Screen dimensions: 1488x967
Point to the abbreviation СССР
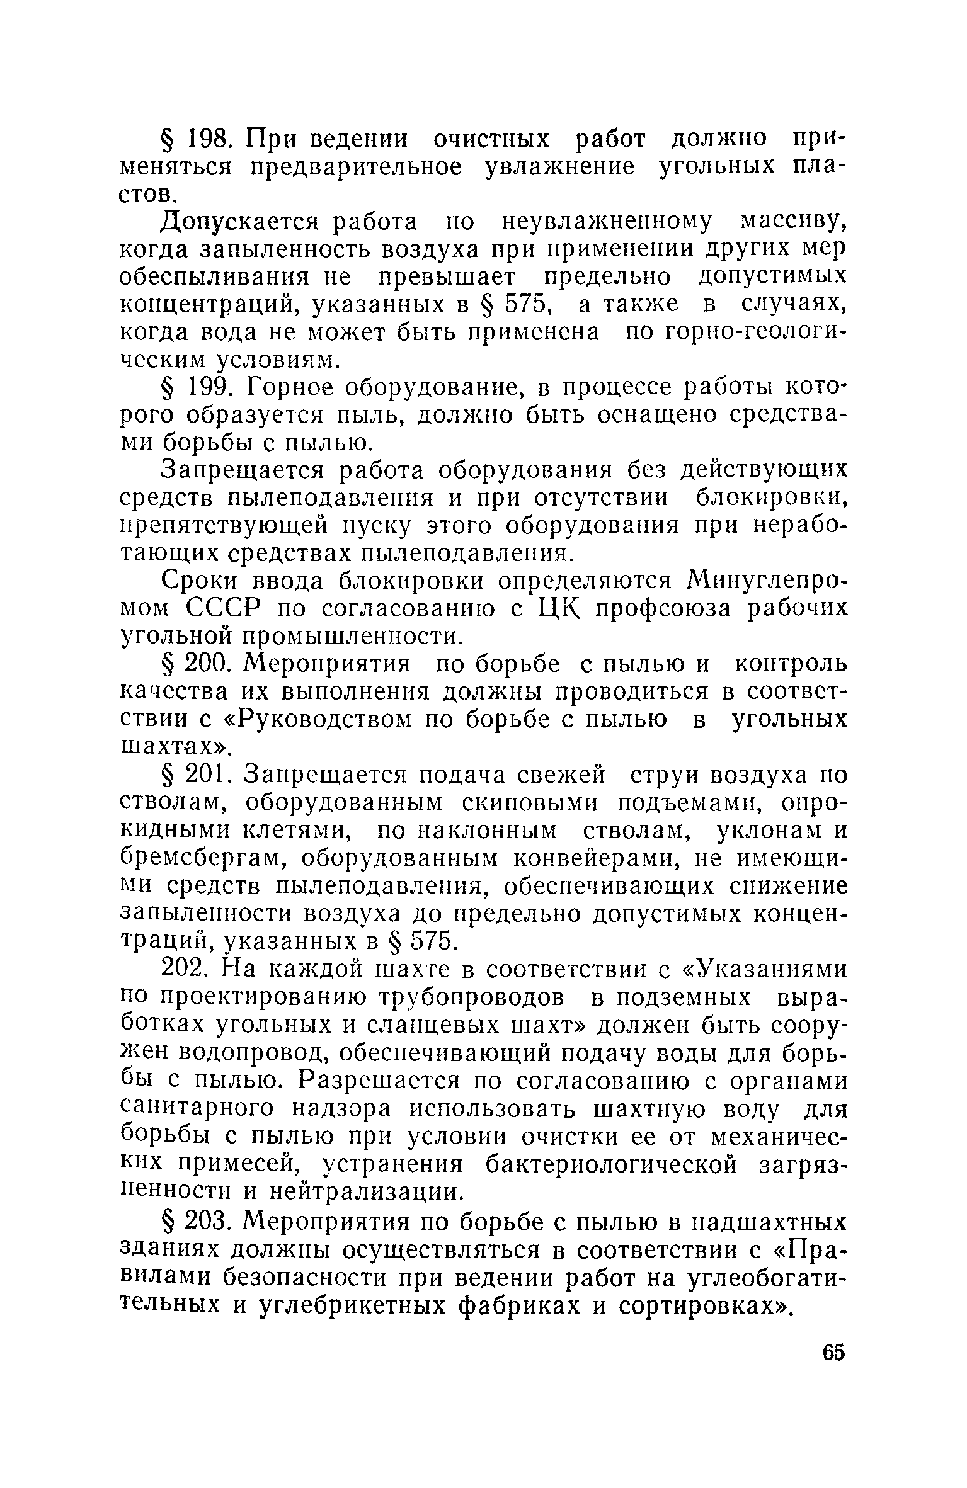[x=224, y=608]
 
